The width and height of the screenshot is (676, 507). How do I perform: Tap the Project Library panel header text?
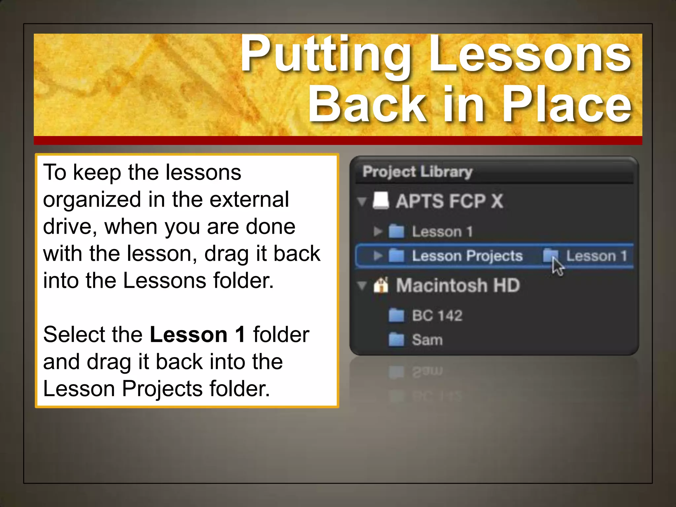pyautogui.click(x=417, y=172)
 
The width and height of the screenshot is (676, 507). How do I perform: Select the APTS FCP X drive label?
pyautogui.click(x=449, y=201)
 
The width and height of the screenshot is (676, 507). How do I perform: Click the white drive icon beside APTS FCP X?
pyautogui.click(x=381, y=200)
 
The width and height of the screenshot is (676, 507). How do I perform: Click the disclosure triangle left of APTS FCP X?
pyautogui.click(x=362, y=201)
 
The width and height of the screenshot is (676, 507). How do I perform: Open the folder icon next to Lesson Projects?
pyautogui.click(x=396, y=256)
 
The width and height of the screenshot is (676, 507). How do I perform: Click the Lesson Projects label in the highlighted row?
pyautogui.click(x=467, y=256)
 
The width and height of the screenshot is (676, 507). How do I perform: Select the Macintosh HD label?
pyautogui.click(x=458, y=285)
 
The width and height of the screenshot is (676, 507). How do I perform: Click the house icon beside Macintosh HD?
pyautogui.click(x=381, y=285)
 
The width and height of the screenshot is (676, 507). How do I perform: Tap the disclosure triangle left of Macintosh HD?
pyautogui.click(x=362, y=286)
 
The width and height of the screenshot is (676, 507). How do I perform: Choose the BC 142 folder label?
pyautogui.click(x=437, y=316)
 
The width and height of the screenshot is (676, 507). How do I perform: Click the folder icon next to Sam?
pyautogui.click(x=396, y=339)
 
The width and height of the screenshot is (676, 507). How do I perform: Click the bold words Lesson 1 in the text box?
pyautogui.click(x=197, y=334)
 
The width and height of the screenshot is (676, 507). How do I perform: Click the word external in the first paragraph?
pyautogui.click(x=249, y=199)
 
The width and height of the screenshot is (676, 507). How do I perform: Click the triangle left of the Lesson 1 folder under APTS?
pyautogui.click(x=378, y=231)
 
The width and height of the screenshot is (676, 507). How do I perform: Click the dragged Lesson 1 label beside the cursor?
pyautogui.click(x=596, y=256)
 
